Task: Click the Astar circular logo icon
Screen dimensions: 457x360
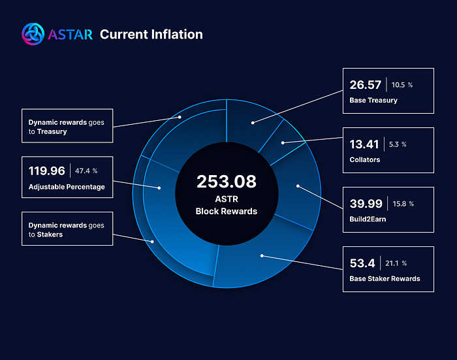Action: [x=33, y=34]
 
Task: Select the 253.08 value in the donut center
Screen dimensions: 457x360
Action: [x=227, y=182]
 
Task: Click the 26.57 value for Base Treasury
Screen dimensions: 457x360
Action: [x=365, y=85]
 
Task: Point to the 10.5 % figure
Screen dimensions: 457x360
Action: [x=402, y=85]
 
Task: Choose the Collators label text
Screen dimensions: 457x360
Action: [x=364, y=159]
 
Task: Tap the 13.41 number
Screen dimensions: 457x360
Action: [x=364, y=144]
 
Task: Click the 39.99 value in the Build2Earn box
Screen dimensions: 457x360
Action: [x=366, y=204]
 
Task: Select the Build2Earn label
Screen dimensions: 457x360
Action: [x=368, y=219]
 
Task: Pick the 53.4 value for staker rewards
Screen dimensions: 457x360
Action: [x=362, y=263]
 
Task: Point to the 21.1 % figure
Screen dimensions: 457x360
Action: [x=396, y=263]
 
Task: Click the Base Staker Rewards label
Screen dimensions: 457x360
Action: [x=385, y=278]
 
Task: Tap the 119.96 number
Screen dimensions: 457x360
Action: [x=46, y=171]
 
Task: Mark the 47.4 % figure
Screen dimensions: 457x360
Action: [x=86, y=171]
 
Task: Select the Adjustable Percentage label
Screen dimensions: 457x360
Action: [x=67, y=187]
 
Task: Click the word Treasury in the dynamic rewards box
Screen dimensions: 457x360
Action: [x=52, y=131]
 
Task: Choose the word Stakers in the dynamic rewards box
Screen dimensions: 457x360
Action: [x=50, y=235]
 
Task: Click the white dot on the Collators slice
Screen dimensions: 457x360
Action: [x=283, y=143]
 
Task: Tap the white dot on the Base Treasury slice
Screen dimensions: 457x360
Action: [x=253, y=123]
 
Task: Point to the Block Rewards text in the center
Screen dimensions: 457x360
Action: [x=227, y=211]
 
